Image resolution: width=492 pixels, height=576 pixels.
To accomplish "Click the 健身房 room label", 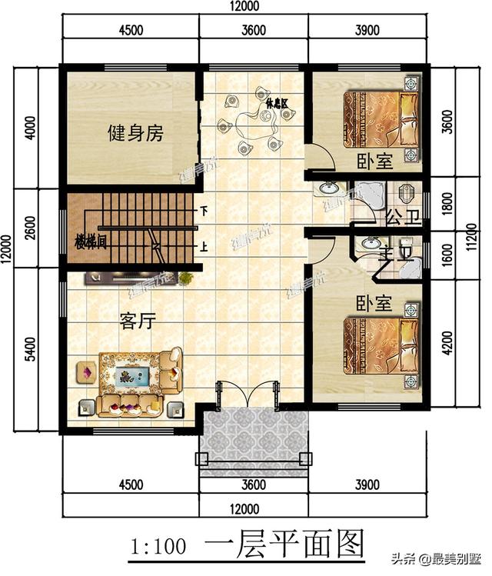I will [135, 133].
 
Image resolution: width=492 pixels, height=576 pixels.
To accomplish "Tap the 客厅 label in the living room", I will [138, 321].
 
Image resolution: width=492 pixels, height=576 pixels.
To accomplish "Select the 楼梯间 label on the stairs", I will [90, 238].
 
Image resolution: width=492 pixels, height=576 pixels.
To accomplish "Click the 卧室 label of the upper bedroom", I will [375, 161].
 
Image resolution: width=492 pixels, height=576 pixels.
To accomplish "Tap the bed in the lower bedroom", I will [381, 345].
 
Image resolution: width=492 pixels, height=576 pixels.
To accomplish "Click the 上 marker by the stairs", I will [204, 248].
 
